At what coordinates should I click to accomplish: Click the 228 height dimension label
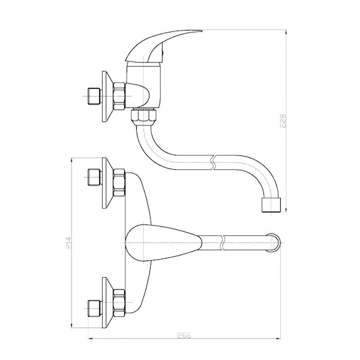pyautogui.click(x=283, y=121)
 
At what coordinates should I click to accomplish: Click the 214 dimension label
pyautogui.click(x=68, y=243)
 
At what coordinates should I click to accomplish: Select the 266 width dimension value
pyautogui.click(x=184, y=335)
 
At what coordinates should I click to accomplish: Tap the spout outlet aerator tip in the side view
pyautogui.click(x=272, y=205)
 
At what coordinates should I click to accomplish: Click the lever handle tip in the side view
pyautogui.click(x=200, y=31)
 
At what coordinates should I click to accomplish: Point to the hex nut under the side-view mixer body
pyautogui.click(x=143, y=116)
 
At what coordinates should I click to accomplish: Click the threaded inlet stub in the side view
pyautogui.click(x=94, y=96)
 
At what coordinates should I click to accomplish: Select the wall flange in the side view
pyautogui.click(x=107, y=97)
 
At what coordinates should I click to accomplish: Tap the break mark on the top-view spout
pyautogui.click(x=222, y=242)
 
